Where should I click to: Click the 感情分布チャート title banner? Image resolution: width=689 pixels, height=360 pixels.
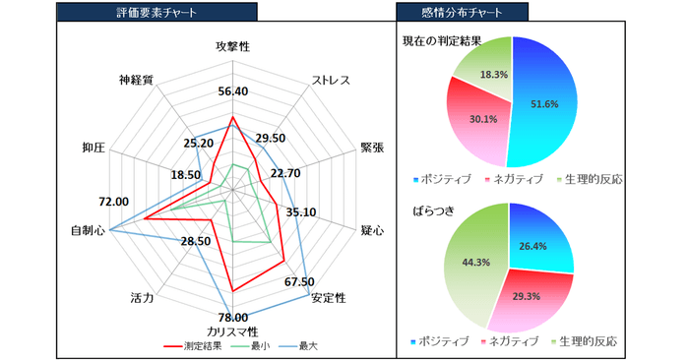tap(461, 13)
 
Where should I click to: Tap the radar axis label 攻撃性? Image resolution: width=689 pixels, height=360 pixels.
tap(232, 47)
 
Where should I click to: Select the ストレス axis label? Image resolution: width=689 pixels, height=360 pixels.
tap(331, 80)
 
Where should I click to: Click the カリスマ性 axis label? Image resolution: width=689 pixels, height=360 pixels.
tap(232, 330)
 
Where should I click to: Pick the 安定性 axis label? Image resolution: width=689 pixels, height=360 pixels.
tap(328, 297)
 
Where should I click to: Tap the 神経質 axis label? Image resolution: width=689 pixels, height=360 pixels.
tap(136, 80)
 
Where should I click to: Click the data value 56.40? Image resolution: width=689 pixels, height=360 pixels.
tap(232, 91)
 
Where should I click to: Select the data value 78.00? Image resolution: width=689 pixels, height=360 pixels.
tap(232, 317)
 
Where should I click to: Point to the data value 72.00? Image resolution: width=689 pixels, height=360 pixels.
tap(113, 202)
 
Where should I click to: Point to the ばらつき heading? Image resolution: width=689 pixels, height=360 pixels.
tap(425, 210)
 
